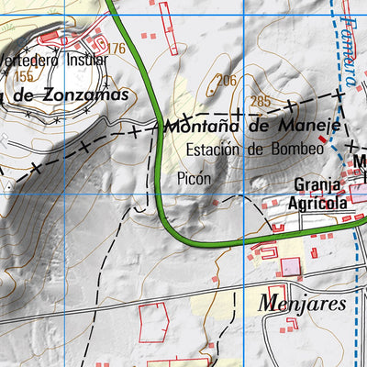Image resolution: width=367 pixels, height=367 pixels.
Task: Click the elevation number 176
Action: [x=116, y=49]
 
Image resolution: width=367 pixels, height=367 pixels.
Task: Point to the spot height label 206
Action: [x=226, y=81]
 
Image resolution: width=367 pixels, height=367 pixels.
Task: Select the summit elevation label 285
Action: [x=261, y=101]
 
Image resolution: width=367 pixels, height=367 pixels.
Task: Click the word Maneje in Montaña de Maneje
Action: [x=309, y=125]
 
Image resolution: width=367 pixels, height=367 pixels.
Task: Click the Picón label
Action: [x=195, y=179]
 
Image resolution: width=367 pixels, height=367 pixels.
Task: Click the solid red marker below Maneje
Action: [x=321, y=139]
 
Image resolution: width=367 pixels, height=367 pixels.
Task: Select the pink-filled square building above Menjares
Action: [x=290, y=267]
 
